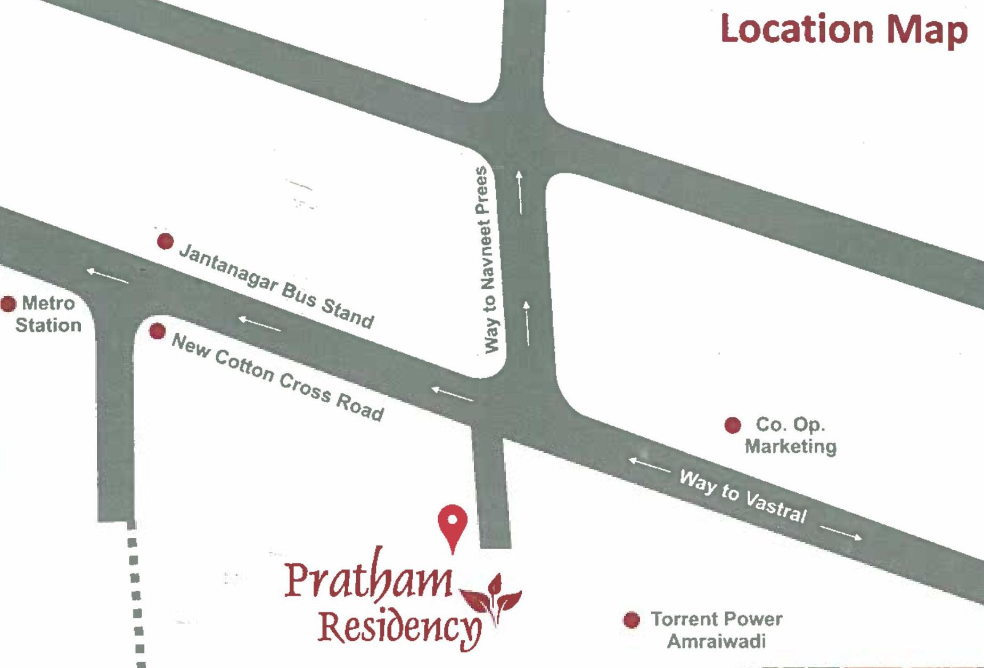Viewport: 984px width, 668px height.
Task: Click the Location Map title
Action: [x=843, y=29]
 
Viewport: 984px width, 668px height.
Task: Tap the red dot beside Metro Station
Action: [x=9, y=304]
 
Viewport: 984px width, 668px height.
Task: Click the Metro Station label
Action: [x=48, y=314]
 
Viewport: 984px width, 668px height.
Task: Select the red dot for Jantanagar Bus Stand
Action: [x=166, y=241]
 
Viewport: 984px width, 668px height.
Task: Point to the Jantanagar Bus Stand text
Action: [x=276, y=287]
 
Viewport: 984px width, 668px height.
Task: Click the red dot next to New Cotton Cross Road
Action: [x=157, y=331]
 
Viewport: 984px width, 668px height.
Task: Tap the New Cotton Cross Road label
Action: [x=277, y=377]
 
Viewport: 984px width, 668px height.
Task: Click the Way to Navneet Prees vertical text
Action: [x=488, y=259]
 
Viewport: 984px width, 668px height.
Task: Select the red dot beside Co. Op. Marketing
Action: [x=733, y=425]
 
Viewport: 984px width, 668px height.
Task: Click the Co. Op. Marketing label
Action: [x=790, y=435]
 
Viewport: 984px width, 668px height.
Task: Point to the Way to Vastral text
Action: [x=743, y=496]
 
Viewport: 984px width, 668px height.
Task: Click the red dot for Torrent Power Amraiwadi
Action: [x=632, y=620]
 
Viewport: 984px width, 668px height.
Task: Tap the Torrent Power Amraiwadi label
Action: [x=717, y=630]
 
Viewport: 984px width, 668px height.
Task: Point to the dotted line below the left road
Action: [x=136, y=597]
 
